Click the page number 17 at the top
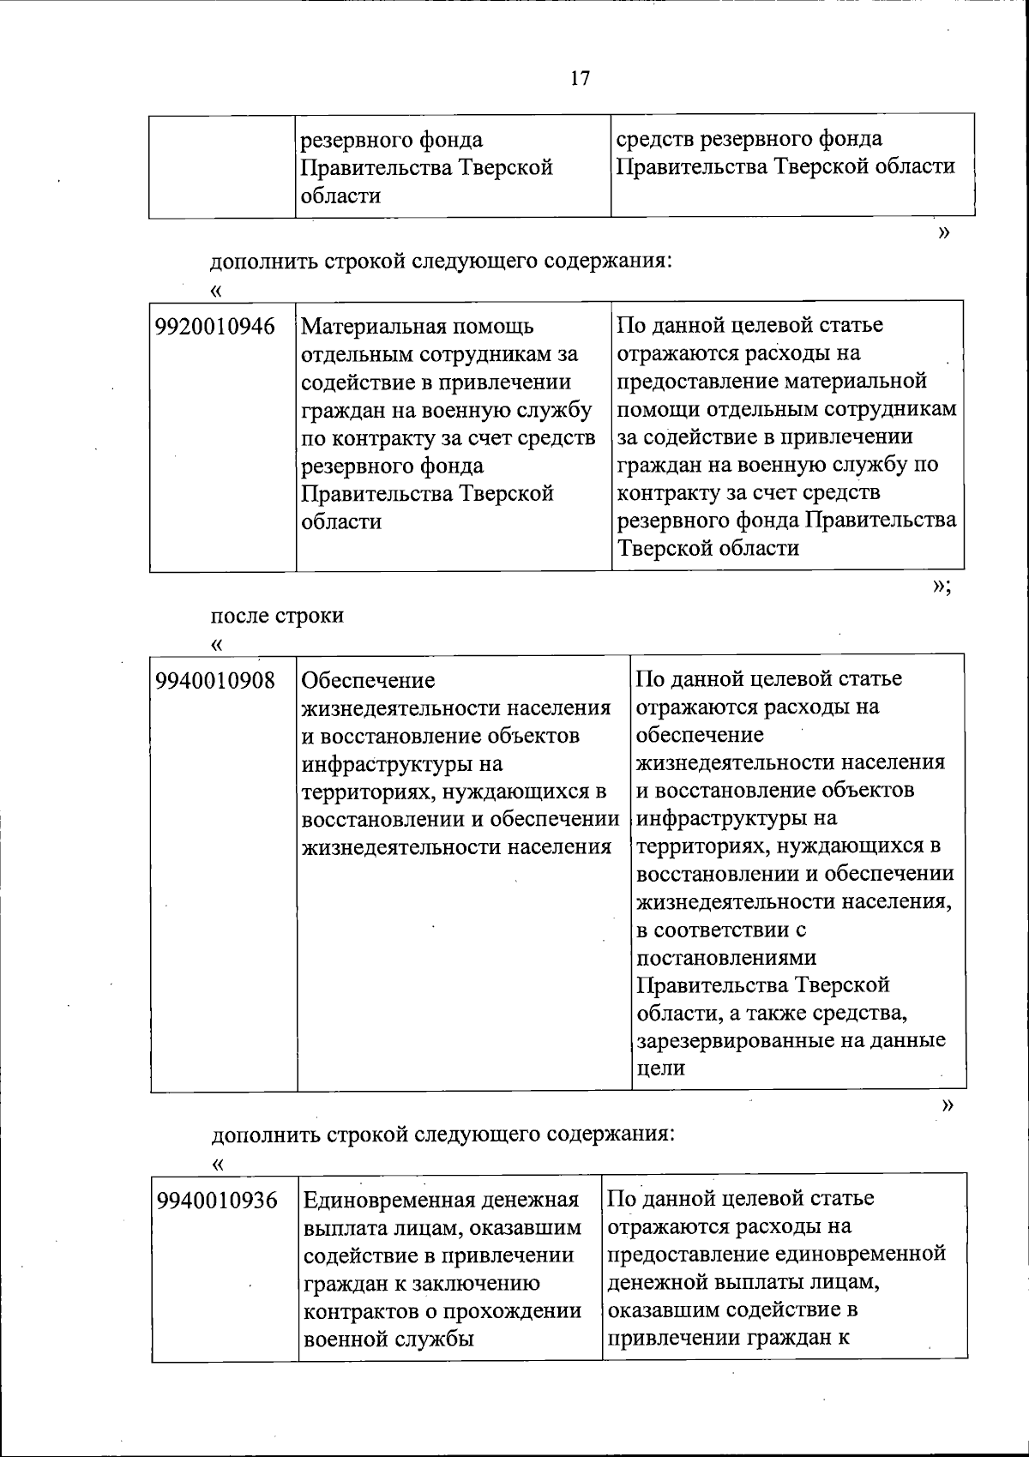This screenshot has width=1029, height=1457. [580, 78]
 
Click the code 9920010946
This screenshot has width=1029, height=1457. [216, 327]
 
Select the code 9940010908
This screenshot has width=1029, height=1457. [216, 681]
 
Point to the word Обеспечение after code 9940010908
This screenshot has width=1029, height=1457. [369, 681]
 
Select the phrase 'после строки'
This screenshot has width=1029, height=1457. [277, 616]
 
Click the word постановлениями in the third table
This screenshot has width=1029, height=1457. [725, 957]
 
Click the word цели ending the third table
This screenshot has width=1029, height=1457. [660, 1069]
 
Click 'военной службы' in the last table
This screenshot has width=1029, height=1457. [388, 1340]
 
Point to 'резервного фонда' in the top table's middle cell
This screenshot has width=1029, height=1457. [391, 140]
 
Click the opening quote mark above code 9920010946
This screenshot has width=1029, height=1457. [215, 291]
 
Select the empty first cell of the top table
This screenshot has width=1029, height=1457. [222, 166]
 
